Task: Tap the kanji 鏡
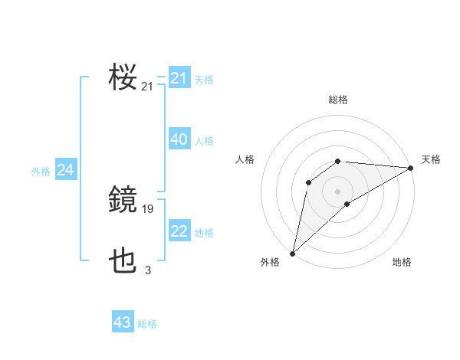(x=123, y=201)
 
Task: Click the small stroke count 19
(x=148, y=208)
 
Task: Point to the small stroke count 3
(x=148, y=270)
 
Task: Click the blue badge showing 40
(x=179, y=139)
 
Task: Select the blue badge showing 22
(x=179, y=231)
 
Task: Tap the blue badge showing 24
(x=66, y=170)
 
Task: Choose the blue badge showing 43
(x=123, y=322)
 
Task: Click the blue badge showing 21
(x=179, y=78)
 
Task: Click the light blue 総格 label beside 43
(x=147, y=324)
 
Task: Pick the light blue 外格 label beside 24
(x=41, y=172)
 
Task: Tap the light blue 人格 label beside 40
(x=204, y=141)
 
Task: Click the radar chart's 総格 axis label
(x=338, y=100)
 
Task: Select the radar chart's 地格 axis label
(x=402, y=262)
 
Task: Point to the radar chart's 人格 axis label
(x=245, y=159)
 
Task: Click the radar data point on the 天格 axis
(x=411, y=168)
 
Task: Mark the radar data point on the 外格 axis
(x=292, y=254)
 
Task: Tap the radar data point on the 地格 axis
(x=347, y=204)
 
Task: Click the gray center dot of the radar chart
(x=338, y=191)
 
